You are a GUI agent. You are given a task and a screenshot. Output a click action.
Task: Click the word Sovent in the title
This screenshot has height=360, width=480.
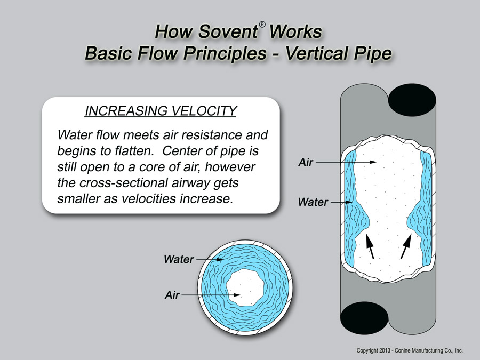pyautogui.click(x=228, y=31)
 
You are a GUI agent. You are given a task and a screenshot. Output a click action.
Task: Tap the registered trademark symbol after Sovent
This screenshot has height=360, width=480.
pyautogui.click(x=262, y=25)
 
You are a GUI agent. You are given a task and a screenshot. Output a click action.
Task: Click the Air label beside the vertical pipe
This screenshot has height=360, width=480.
pyautogui.click(x=306, y=162)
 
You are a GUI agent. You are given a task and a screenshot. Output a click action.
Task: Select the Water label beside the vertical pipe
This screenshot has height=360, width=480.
pyautogui.click(x=313, y=202)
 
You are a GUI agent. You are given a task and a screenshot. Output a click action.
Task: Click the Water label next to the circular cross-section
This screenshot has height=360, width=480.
pyautogui.click(x=179, y=259)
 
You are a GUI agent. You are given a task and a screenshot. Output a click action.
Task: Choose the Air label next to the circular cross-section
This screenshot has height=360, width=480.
pyautogui.click(x=172, y=295)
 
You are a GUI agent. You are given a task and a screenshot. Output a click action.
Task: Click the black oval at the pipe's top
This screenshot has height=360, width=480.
pyautogui.click(x=412, y=100)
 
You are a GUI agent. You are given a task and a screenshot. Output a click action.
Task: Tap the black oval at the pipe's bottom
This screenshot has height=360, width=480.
pyautogui.click(x=364, y=318)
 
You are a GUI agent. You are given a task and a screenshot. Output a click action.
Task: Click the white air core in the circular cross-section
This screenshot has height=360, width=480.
pyautogui.click(x=245, y=287)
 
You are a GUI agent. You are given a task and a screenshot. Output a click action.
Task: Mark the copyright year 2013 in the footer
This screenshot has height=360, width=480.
pyautogui.click(x=384, y=350)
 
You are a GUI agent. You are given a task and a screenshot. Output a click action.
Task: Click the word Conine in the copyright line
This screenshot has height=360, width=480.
pyautogui.click(x=403, y=350)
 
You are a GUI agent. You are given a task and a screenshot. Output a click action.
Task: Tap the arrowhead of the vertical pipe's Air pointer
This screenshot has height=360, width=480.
pyautogui.click(x=373, y=162)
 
